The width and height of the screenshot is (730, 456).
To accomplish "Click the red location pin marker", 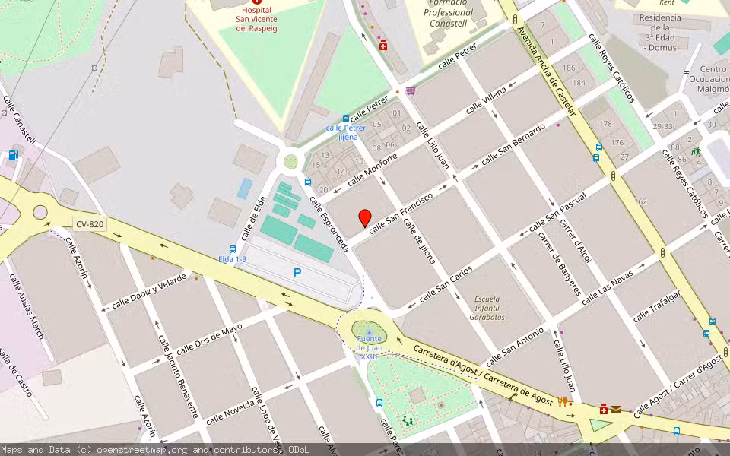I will pyautogui.click(x=365, y=217).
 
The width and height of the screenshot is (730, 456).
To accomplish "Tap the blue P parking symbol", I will pyautogui.click(x=297, y=272).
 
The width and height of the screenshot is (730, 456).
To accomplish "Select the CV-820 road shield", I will pyautogui.click(x=90, y=224).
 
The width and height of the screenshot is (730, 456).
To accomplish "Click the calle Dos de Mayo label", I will pyautogui.click(x=208, y=342).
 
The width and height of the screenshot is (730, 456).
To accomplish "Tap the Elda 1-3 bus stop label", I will pyautogui.click(x=232, y=259).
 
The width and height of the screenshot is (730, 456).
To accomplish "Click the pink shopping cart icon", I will pyautogui.click(x=411, y=90).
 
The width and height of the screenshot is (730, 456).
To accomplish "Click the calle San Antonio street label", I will pyautogui.click(x=515, y=347).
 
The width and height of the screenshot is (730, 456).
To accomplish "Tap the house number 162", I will pyautogui.click(x=640, y=201).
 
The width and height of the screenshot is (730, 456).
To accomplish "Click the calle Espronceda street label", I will pyautogui.click(x=328, y=224).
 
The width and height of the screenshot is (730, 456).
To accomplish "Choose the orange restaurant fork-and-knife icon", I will pyautogui.click(x=563, y=403).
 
